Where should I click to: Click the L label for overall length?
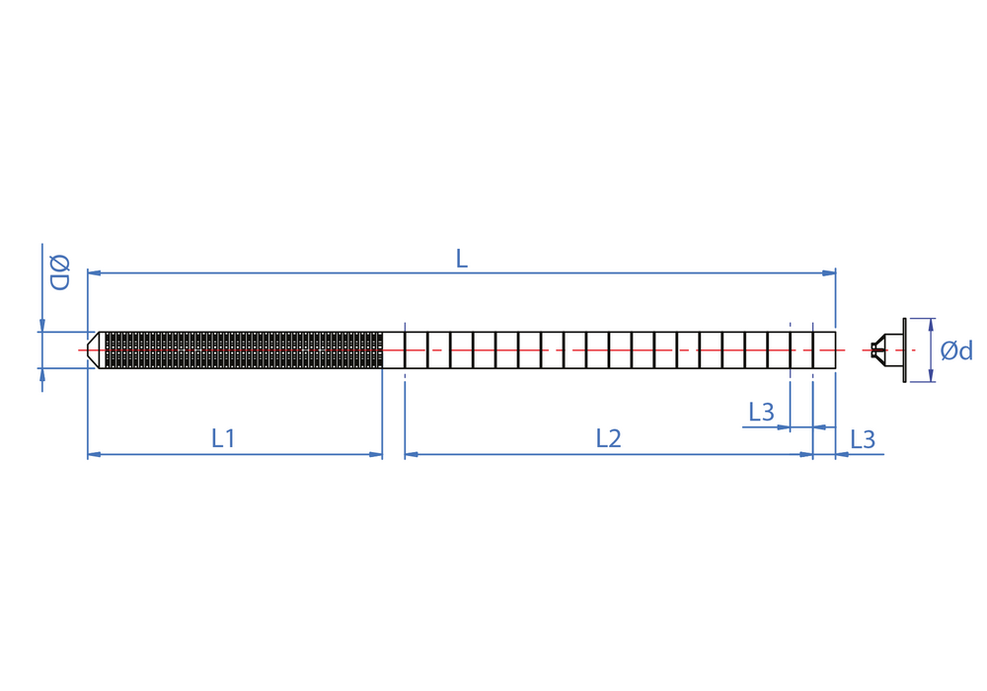coord(461,259)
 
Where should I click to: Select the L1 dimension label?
coord(223,438)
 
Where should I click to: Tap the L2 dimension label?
coord(609,438)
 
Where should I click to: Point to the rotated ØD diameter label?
coord(60,272)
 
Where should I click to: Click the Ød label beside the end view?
coord(956,350)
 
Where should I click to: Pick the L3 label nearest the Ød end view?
coord(863,439)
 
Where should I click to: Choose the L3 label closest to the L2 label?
coord(761,413)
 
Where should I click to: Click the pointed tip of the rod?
coord(88,349)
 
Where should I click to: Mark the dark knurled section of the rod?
coord(244,349)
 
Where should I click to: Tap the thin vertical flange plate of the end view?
coord(904,349)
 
